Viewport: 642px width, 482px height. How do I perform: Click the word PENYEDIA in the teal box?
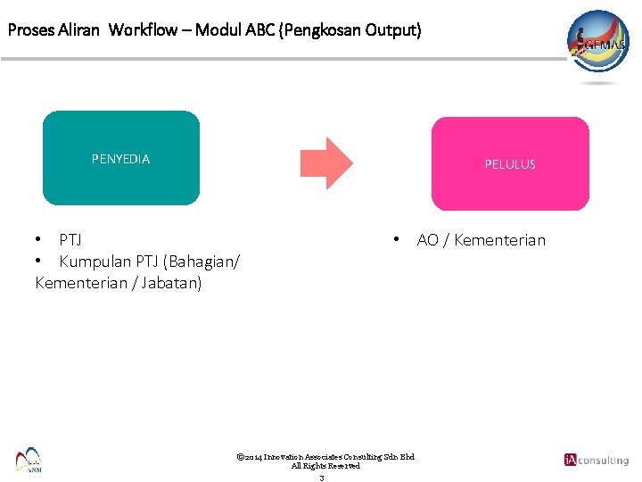[120, 159]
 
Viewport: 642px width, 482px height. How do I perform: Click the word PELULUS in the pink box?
[510, 164]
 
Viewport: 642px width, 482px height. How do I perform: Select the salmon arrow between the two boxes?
[325, 163]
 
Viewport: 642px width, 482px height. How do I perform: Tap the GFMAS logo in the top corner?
[598, 45]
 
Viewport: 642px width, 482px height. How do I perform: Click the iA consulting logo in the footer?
[596, 460]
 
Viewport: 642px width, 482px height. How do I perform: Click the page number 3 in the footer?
[321, 478]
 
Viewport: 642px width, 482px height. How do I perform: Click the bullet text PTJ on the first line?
[70, 240]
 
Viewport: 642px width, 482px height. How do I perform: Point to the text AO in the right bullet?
[427, 240]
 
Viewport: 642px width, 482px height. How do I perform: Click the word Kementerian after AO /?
[499, 240]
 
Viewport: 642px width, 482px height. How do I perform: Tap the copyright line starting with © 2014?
[325, 457]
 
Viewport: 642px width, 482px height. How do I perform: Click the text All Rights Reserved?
[325, 466]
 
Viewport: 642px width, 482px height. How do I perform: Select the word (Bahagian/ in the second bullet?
[201, 262]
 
